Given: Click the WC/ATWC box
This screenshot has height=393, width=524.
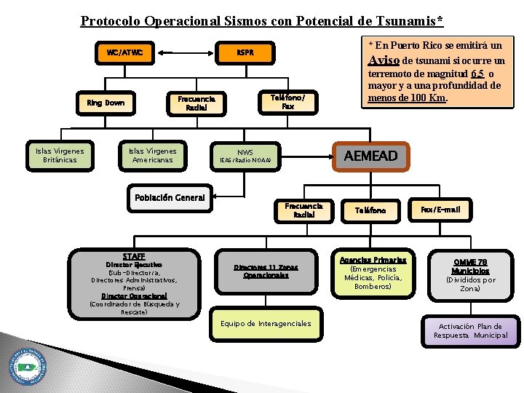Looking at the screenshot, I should point(124,52).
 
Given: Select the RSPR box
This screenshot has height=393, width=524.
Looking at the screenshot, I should point(245,52).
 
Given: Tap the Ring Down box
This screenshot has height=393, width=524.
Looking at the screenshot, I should point(106,103).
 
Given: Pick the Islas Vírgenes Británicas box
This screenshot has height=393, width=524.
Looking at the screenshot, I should point(60,156).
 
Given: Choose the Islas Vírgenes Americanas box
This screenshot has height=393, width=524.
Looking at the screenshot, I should point(152,156).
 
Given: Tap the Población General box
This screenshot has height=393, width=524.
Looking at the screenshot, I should point(170,198).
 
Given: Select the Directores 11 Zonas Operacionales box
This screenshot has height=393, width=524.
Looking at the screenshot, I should point(266,271).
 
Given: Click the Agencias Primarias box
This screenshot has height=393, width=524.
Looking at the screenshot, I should point(373,273).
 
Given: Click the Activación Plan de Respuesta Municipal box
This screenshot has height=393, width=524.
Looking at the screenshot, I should point(471,331).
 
